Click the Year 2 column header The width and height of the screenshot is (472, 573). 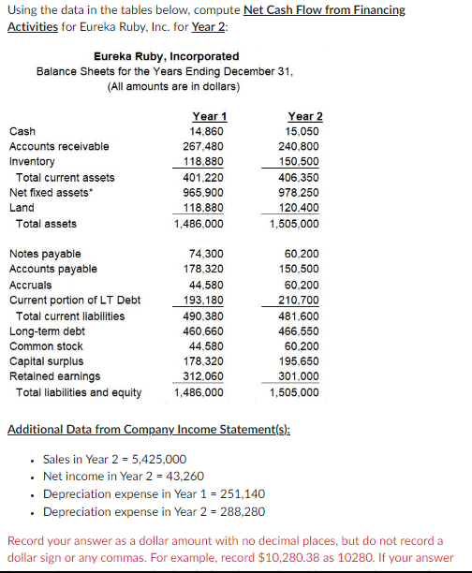[x=304, y=116]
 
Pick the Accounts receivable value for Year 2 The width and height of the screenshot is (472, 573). [x=302, y=146]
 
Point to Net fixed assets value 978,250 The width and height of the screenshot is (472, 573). [x=302, y=193]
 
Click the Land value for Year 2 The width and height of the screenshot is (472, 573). [x=302, y=208]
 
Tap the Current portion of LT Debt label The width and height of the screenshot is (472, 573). [x=74, y=300]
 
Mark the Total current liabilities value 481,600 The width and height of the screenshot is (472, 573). [x=302, y=316]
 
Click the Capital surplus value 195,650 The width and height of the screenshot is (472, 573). [x=302, y=361]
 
